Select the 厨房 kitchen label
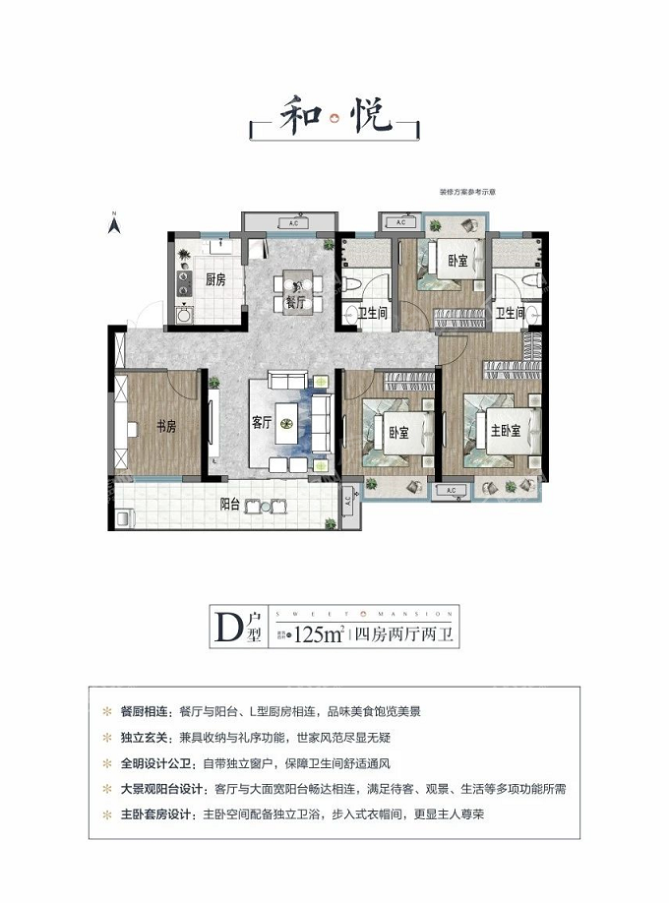click(215, 280)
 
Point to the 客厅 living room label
click(261, 422)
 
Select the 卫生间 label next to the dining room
click(371, 314)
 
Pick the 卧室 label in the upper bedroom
click(456, 261)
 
